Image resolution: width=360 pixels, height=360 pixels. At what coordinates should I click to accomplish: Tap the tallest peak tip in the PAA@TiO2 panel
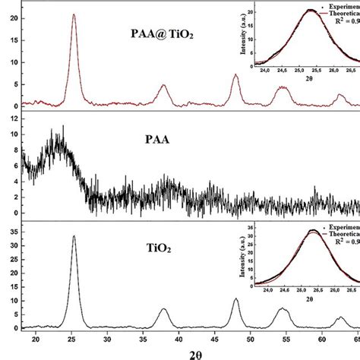click(73, 14)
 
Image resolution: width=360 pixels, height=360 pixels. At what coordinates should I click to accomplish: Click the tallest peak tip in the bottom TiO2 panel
click(74, 235)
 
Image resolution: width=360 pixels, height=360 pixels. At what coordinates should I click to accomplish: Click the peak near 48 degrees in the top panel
click(236, 74)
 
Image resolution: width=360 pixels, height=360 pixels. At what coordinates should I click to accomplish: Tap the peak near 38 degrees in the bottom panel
click(164, 309)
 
